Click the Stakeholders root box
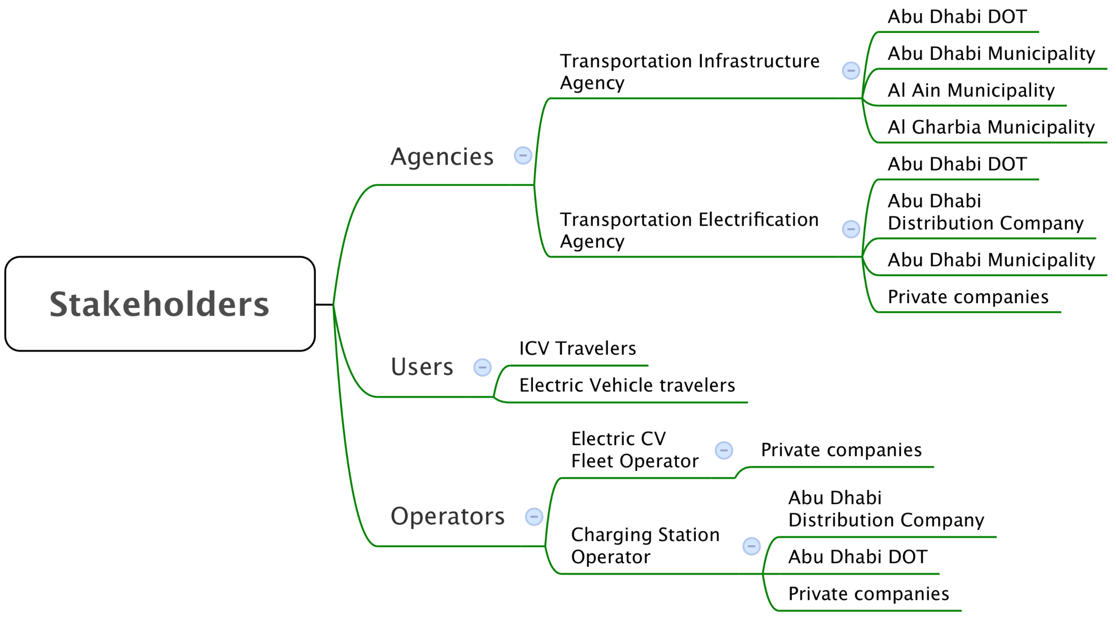coord(160,304)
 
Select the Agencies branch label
coord(442,156)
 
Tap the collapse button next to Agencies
coord(523,155)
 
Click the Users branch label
coord(422,367)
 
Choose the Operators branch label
coord(447,516)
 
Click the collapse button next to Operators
coord(534,516)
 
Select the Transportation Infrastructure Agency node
coord(689,72)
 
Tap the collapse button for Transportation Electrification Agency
coord(851,229)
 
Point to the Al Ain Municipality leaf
coord(971,90)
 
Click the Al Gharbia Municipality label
coord(991,127)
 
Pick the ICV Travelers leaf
coord(577,348)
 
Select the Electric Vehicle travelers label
coord(627,385)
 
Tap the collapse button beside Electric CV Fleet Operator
coord(724,450)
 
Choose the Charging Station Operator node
coord(645,546)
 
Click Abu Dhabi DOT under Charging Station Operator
coord(858,557)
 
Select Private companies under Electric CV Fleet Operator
coord(841,450)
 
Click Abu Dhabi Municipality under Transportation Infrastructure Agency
coord(991,54)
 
